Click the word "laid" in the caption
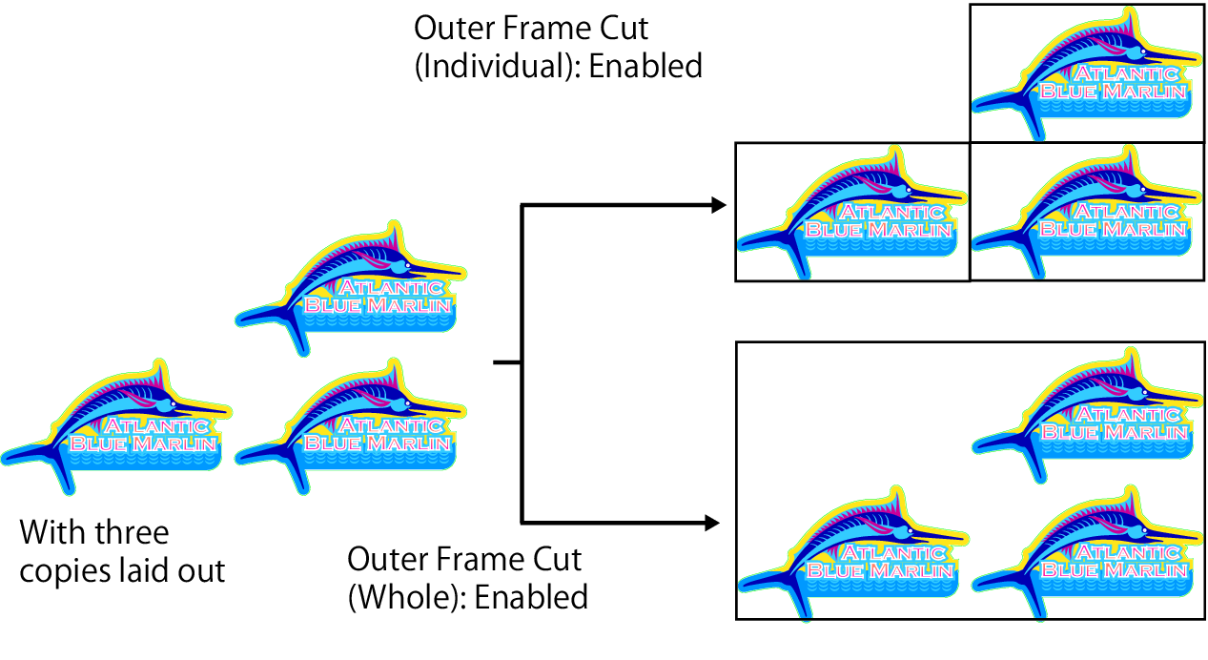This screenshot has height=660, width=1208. [x=151, y=570]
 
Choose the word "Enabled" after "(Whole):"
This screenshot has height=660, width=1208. [x=531, y=597]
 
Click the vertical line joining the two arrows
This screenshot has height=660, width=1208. [x=521, y=362]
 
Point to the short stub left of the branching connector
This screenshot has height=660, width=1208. [x=505, y=362]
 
